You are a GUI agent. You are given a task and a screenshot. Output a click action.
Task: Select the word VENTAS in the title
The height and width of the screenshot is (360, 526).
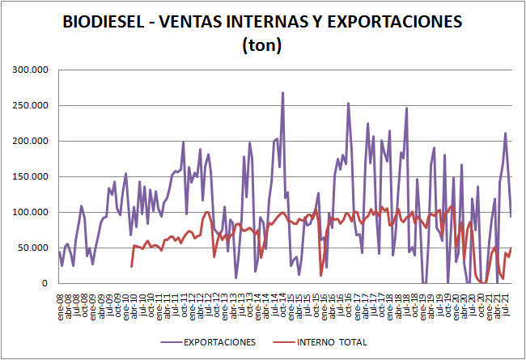[197, 23]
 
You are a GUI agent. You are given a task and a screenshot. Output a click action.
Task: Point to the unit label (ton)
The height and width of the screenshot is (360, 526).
[261, 45]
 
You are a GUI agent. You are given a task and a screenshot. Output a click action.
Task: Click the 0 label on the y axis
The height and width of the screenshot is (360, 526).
[46, 283]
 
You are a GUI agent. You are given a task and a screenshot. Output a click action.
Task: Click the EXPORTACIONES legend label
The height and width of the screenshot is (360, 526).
[218, 342]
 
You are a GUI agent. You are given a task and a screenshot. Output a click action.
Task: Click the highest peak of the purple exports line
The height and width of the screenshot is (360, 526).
[282, 92]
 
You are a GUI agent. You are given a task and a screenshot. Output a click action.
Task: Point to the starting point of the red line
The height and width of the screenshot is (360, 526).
[131, 266]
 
